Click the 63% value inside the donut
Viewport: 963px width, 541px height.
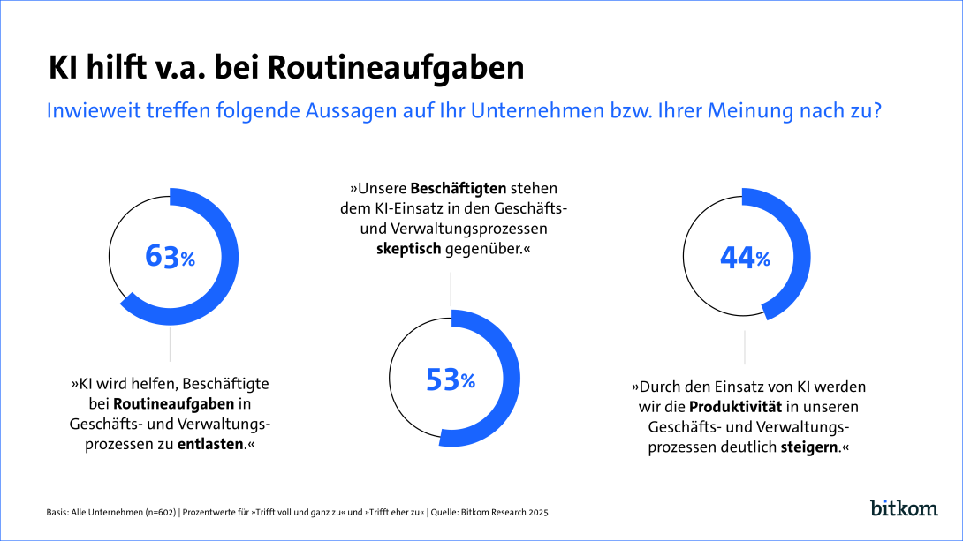coord(171,257)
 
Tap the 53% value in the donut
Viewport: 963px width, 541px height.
coord(451,379)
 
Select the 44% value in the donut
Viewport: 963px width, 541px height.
coord(745,257)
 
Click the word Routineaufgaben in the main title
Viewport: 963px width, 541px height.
coord(394,68)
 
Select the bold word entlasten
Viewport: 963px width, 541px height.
coord(210,444)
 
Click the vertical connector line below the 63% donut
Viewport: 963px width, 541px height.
coord(170,344)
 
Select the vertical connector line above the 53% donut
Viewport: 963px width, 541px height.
coord(451,289)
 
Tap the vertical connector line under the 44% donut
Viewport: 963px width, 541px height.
coord(744,347)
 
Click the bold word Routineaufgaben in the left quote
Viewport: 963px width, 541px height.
coord(174,403)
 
